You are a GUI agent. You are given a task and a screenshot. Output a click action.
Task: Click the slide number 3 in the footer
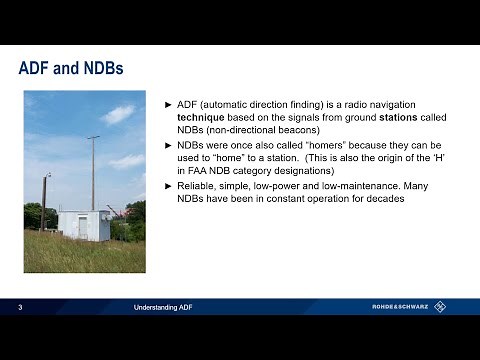point(21,307)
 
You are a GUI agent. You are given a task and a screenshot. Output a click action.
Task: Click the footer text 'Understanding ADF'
point(162,307)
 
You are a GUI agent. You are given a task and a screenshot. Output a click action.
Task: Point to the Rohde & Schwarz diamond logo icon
point(441,307)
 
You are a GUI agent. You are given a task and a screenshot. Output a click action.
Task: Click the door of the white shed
point(83,227)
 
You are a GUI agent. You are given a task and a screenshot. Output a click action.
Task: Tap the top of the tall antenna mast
point(93,138)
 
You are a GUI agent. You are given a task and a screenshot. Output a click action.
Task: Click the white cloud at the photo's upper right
point(118,114)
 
